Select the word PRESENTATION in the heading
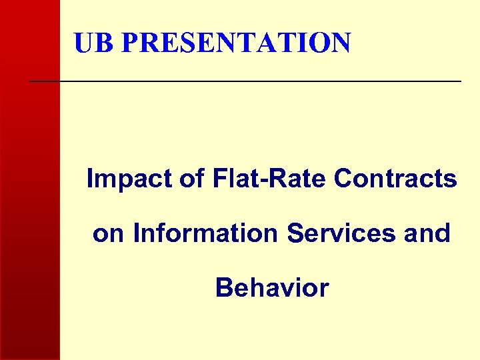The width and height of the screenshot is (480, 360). tap(236, 43)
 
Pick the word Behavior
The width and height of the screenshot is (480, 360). tap(271, 288)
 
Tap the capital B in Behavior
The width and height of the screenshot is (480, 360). tap(223, 288)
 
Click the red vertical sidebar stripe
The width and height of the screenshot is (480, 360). tap(30, 200)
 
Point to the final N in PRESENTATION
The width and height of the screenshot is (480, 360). tap(339, 43)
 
